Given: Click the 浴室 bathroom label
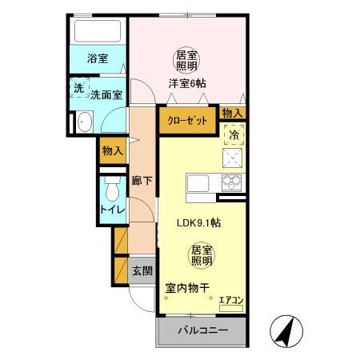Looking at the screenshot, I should tap(98, 59).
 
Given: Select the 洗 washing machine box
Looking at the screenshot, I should tap(79, 89).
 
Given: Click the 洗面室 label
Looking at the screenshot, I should tap(106, 94).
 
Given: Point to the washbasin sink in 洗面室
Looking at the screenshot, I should tap(84, 122).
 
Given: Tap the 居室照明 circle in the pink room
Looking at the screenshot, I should tap(187, 60).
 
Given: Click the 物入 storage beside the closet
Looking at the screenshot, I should tap(232, 113).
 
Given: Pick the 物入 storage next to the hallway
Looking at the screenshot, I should tap(112, 150).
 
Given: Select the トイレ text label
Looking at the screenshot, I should tap(111, 210).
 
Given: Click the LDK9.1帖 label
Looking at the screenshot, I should tap(199, 225).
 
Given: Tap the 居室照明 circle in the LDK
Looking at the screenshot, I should tap(200, 256).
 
